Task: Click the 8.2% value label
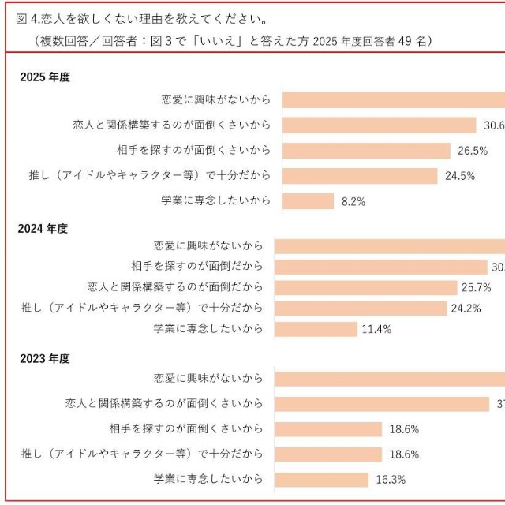[353, 201]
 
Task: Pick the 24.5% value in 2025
[459, 176]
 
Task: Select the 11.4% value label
[376, 329]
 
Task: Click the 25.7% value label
[477, 287]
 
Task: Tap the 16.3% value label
[387, 480]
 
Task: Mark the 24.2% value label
[466, 309]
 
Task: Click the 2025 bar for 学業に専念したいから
[309, 201]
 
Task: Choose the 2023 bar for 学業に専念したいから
[321, 480]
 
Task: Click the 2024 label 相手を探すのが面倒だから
[196, 266]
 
